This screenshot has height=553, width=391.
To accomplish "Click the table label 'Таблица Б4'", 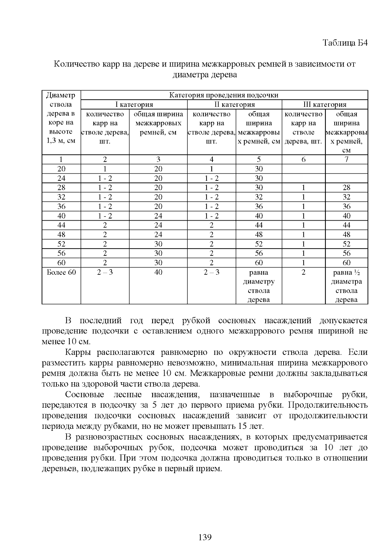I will tap(345, 43).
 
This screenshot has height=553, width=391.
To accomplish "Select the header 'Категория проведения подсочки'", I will tap(224, 95).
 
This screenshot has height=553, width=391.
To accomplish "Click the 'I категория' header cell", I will tap(134, 105).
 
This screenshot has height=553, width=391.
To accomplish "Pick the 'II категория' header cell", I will tap(234, 105).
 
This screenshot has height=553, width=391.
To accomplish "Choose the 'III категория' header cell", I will tap(325, 105).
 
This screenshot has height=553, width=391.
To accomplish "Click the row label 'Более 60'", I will tap(61, 272).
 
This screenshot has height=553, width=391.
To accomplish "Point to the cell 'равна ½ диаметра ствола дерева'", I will tap(346, 286).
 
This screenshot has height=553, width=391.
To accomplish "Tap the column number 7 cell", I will tap(346, 159).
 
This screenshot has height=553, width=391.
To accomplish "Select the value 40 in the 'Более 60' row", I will tap(158, 272).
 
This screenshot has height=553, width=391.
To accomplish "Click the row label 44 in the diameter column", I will tap(61, 225).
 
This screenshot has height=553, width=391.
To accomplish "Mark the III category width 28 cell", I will tap(346, 188).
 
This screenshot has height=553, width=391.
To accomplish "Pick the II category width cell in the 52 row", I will tap(258, 244).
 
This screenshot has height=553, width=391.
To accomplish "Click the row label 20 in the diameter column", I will tap(61, 169).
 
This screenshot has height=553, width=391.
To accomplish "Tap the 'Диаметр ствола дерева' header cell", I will tap(61, 118).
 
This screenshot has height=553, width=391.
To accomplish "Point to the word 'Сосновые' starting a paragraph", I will tap(84, 395).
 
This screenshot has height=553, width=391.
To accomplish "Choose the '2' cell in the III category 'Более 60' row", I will tap(303, 272).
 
